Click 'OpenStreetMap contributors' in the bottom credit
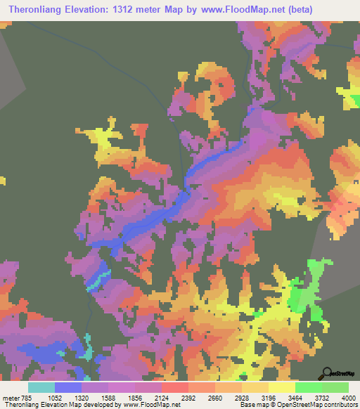319,405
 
